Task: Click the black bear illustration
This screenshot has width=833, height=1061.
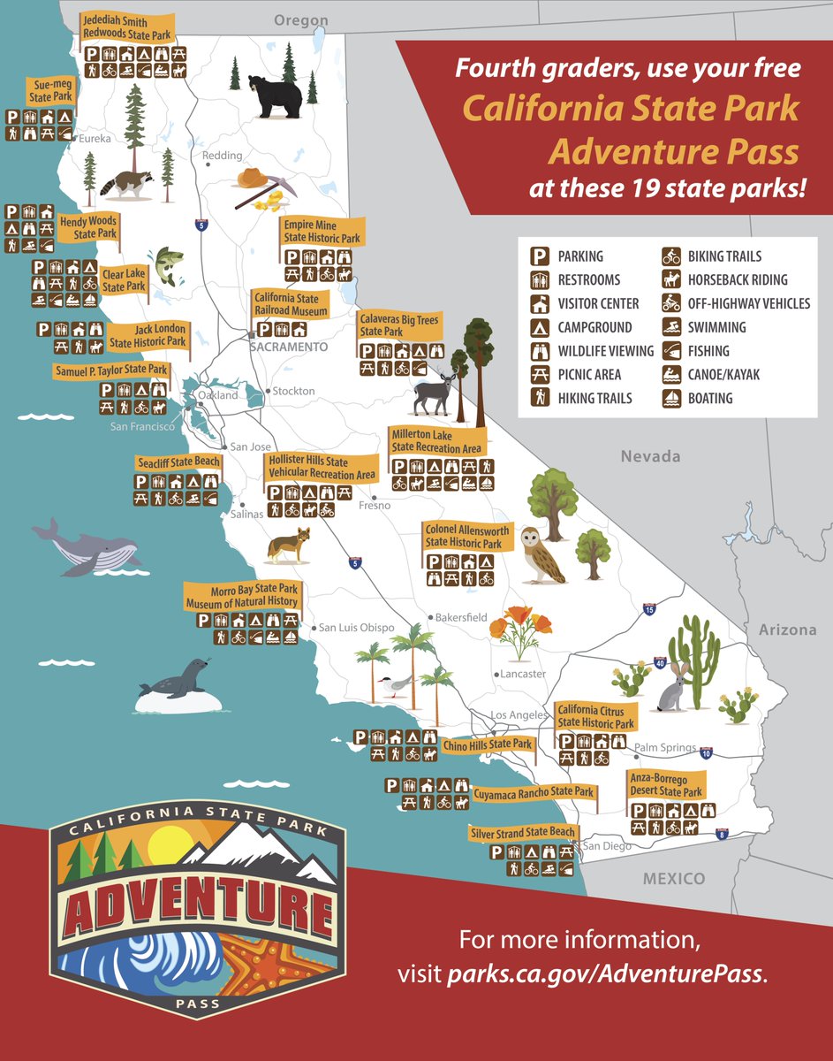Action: tap(274, 95)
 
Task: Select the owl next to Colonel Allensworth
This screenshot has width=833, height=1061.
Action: tap(540, 555)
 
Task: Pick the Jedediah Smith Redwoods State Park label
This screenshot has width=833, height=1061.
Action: tap(126, 27)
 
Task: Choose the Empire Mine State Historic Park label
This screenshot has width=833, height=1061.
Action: tap(322, 233)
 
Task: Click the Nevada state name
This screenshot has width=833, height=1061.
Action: tap(650, 456)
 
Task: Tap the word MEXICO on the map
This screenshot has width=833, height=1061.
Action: tap(674, 878)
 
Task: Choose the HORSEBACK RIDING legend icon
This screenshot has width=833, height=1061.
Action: tap(671, 280)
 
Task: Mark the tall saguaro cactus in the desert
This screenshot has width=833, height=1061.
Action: tap(696, 654)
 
